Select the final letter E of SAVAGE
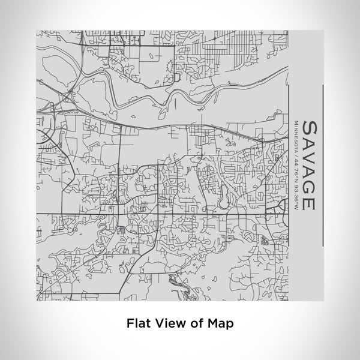[310, 202]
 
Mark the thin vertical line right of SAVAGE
[323, 164]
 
